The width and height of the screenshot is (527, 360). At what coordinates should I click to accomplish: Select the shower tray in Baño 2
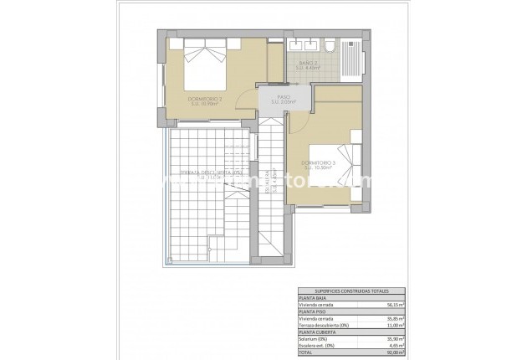tap(353, 59)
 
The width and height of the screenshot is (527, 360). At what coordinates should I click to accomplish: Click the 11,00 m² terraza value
tap(356, 328)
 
